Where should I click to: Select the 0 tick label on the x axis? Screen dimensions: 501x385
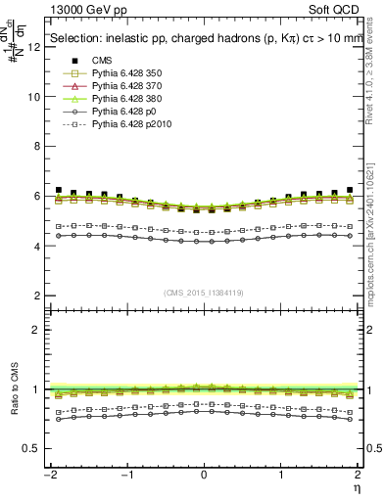205,476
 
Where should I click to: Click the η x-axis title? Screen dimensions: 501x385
357,488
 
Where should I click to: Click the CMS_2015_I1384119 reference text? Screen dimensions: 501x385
204,293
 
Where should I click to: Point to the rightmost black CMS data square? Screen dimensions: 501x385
350,190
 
